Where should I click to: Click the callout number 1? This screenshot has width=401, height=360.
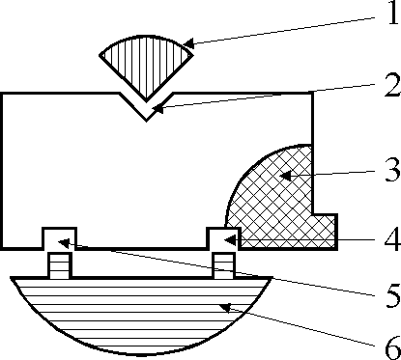point(393,13)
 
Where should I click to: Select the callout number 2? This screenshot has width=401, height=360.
point(392,85)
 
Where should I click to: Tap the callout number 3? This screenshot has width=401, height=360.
point(393,170)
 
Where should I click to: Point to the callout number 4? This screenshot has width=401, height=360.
point(393,239)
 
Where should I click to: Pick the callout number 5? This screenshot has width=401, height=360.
point(393,295)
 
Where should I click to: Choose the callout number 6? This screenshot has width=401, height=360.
point(393,347)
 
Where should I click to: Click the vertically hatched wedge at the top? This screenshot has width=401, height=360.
point(146,65)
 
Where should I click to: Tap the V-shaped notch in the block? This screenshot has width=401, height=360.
point(147,107)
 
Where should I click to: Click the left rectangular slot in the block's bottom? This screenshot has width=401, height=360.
point(60,238)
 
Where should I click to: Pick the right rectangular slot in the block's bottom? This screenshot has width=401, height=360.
point(223,238)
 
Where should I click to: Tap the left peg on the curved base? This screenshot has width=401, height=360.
point(60,265)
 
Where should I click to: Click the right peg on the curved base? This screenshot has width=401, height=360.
point(224,265)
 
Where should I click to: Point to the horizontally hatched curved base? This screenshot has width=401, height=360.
point(142,312)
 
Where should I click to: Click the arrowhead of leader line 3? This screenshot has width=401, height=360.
point(285,176)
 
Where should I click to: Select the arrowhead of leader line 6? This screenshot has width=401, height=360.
point(224,308)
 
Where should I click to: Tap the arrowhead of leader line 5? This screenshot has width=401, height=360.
point(63,243)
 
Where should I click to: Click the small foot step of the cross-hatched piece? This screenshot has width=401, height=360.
point(325,232)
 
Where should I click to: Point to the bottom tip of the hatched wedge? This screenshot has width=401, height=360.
point(147,101)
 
